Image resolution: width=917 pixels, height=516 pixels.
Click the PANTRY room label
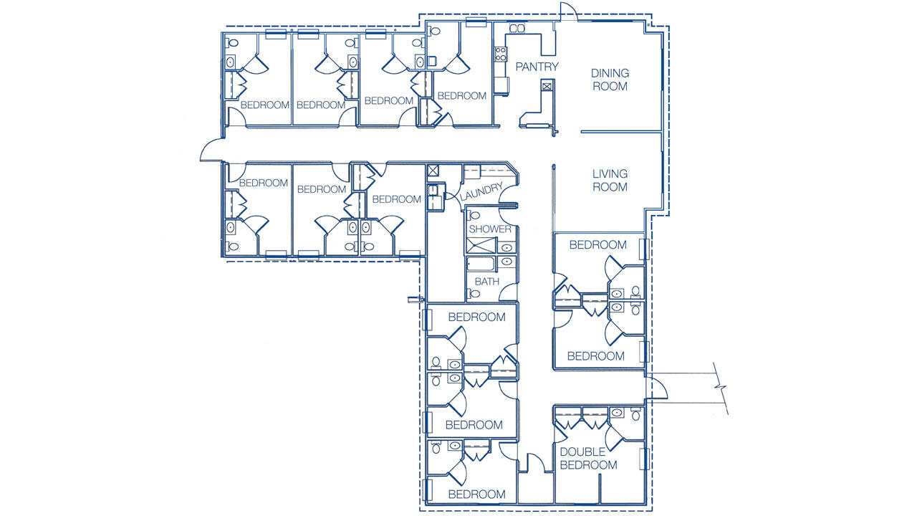pos(537,67)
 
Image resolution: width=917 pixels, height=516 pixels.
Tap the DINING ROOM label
pos(609,80)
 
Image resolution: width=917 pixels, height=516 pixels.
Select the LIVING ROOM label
pos(610,180)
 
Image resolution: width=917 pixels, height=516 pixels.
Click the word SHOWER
pos(490,229)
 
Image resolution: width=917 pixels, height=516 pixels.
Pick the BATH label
pos(486,282)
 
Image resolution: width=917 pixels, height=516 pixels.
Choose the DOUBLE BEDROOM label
pos(588,459)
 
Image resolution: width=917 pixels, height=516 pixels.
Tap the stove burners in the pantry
pos(501,52)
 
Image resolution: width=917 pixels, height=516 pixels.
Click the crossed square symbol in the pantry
pos(547,87)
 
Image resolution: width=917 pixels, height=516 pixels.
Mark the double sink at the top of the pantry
pos(517,29)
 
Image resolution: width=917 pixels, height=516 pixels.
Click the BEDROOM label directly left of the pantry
pos(461,96)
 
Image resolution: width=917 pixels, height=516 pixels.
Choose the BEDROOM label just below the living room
pos(597,245)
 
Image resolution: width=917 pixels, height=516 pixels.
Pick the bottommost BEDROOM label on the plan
pos(476,494)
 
